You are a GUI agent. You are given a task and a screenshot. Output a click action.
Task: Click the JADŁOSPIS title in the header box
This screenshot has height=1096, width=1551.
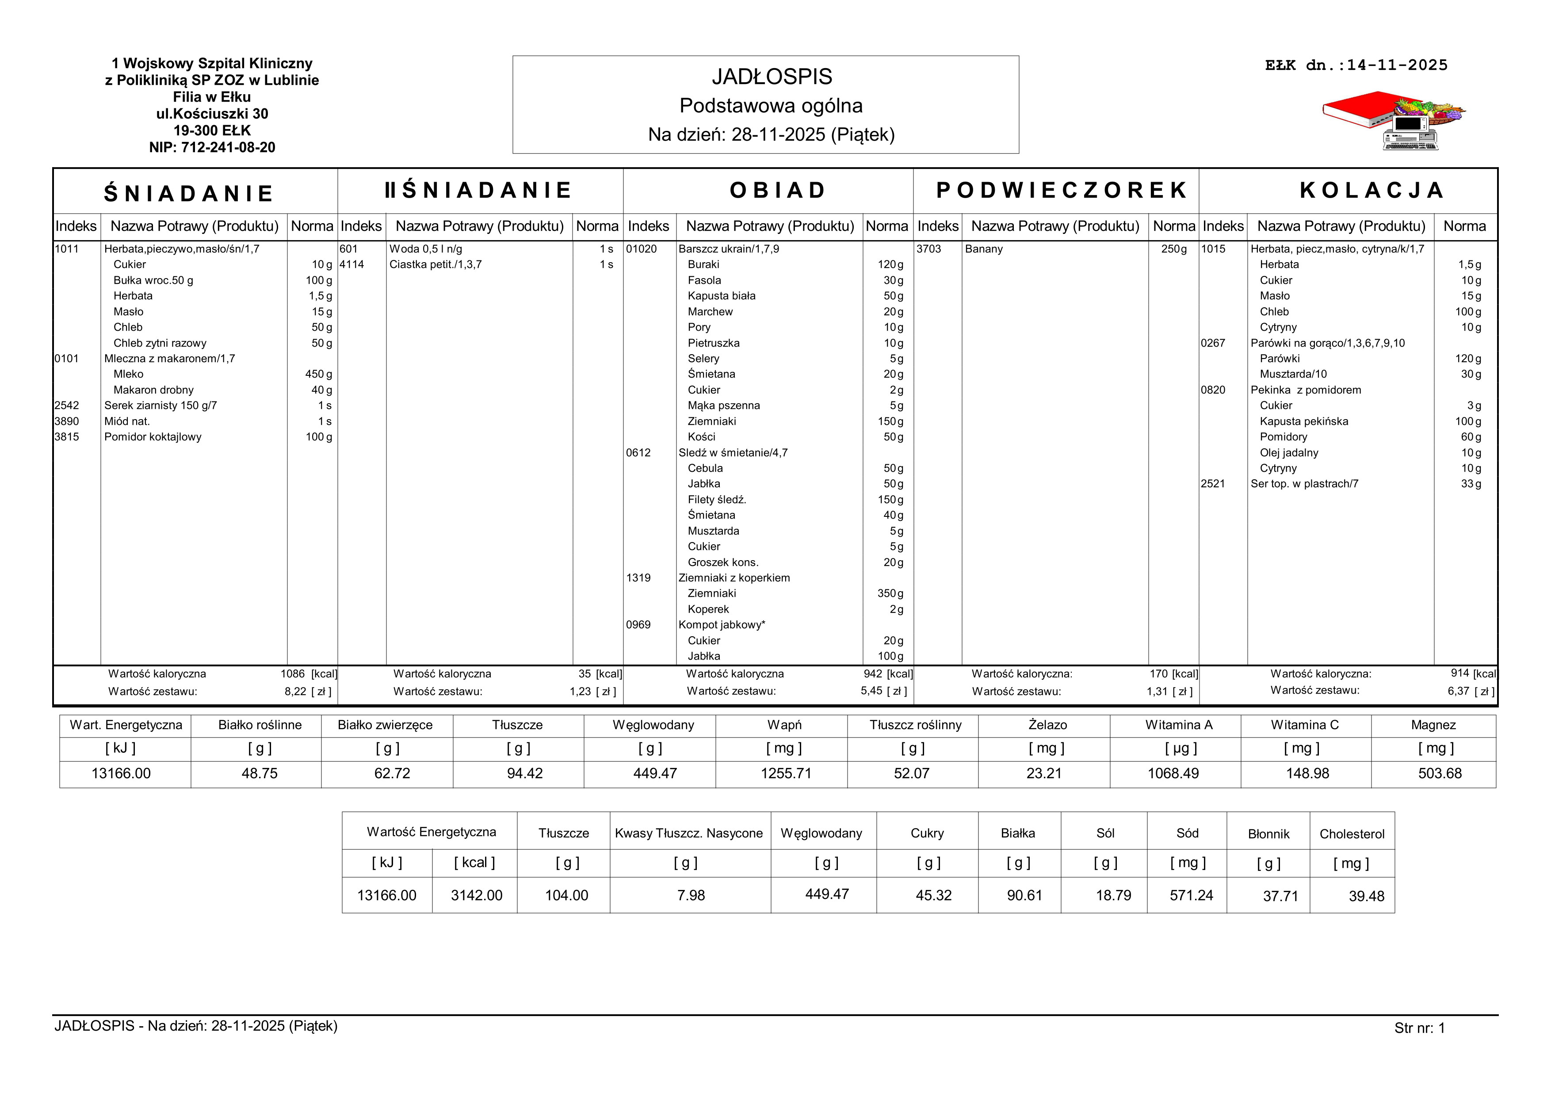pyautogui.click(x=772, y=77)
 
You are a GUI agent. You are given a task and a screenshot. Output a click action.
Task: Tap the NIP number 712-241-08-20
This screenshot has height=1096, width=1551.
pyautogui.click(x=212, y=147)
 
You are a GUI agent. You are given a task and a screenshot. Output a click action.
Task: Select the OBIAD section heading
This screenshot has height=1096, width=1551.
pyautogui.click(x=778, y=191)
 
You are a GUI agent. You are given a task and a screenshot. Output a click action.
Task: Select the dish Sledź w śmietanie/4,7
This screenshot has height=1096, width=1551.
pyautogui.click(x=733, y=452)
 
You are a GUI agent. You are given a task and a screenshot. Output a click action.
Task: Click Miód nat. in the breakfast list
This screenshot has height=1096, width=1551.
pyautogui.click(x=127, y=421)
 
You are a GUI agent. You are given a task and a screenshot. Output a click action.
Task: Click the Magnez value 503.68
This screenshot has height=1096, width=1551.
pyautogui.click(x=1440, y=774)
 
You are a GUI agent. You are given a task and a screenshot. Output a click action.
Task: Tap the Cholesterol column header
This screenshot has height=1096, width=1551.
pyautogui.click(x=1352, y=834)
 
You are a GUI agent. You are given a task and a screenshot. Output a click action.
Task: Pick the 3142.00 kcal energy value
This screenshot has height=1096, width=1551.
pyautogui.click(x=476, y=895)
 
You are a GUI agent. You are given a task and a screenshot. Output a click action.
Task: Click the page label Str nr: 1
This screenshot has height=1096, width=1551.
pyautogui.click(x=1419, y=1028)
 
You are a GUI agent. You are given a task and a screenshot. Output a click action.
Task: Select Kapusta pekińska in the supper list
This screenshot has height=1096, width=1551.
pyautogui.click(x=1304, y=421)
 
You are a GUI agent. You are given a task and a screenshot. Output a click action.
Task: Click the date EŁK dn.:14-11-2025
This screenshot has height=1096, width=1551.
pyautogui.click(x=1356, y=65)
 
